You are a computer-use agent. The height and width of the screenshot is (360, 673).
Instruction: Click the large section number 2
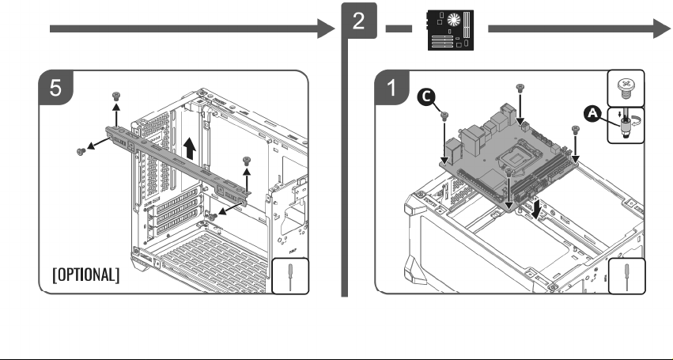tap(359, 21)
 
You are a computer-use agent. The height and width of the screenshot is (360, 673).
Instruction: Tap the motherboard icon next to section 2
tap(450, 29)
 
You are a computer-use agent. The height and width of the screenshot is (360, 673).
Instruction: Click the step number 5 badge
tap(56, 88)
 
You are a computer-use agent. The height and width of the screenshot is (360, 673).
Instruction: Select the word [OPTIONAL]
tap(86, 275)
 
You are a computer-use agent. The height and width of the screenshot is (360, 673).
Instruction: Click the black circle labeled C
tap(425, 97)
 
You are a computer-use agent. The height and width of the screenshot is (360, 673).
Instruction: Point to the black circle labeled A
tap(592, 114)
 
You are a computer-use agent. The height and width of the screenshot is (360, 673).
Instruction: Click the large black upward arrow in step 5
tap(189, 149)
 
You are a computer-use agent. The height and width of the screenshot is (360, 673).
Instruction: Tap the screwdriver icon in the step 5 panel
tap(290, 276)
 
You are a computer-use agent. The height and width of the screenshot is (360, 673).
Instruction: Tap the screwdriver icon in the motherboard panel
tap(626, 276)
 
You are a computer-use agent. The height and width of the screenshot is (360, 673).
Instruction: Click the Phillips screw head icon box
tap(626, 88)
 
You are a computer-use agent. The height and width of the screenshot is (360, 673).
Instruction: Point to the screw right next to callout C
tap(444, 116)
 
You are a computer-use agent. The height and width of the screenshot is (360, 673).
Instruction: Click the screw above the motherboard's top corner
tap(520, 88)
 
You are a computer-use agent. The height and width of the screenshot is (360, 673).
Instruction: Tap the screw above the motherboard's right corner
tap(576, 130)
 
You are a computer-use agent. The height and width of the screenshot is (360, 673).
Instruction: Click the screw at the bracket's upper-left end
tap(116, 96)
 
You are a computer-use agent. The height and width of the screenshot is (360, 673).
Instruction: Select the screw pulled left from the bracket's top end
tap(81, 151)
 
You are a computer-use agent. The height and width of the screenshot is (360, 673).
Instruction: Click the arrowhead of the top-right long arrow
tap(661, 28)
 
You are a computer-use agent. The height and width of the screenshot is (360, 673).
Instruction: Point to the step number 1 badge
tap(392, 88)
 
